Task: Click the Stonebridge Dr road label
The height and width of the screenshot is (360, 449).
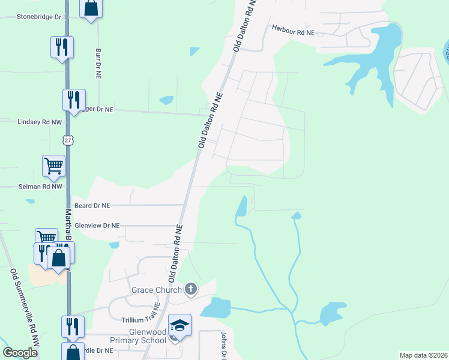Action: pos(31,17)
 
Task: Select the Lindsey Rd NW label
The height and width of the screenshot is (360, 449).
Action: pos(31,121)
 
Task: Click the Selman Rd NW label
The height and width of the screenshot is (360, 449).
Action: pos(31,187)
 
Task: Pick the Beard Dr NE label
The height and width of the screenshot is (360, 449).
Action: pos(92,205)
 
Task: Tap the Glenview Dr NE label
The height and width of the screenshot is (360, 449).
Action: pos(97,226)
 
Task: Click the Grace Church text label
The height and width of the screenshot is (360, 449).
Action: pos(157,290)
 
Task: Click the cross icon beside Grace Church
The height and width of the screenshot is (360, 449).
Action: pos(191,290)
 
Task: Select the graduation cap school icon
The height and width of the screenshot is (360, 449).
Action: pos(179,325)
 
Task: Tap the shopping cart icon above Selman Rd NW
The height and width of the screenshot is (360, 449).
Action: pos(53,165)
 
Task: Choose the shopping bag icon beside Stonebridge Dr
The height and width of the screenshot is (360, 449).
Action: pos(91,8)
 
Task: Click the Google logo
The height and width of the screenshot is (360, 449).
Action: pos(20,352)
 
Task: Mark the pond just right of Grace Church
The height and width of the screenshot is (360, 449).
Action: pos(217,308)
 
